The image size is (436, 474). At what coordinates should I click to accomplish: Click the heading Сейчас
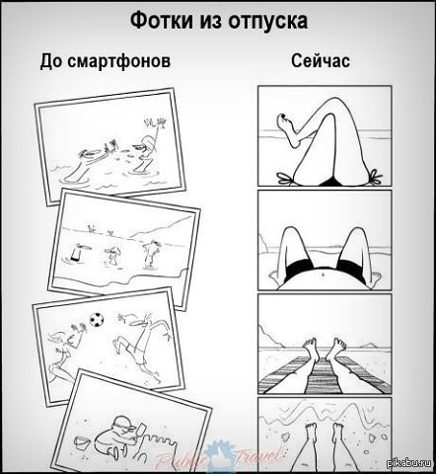coord(321,61)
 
